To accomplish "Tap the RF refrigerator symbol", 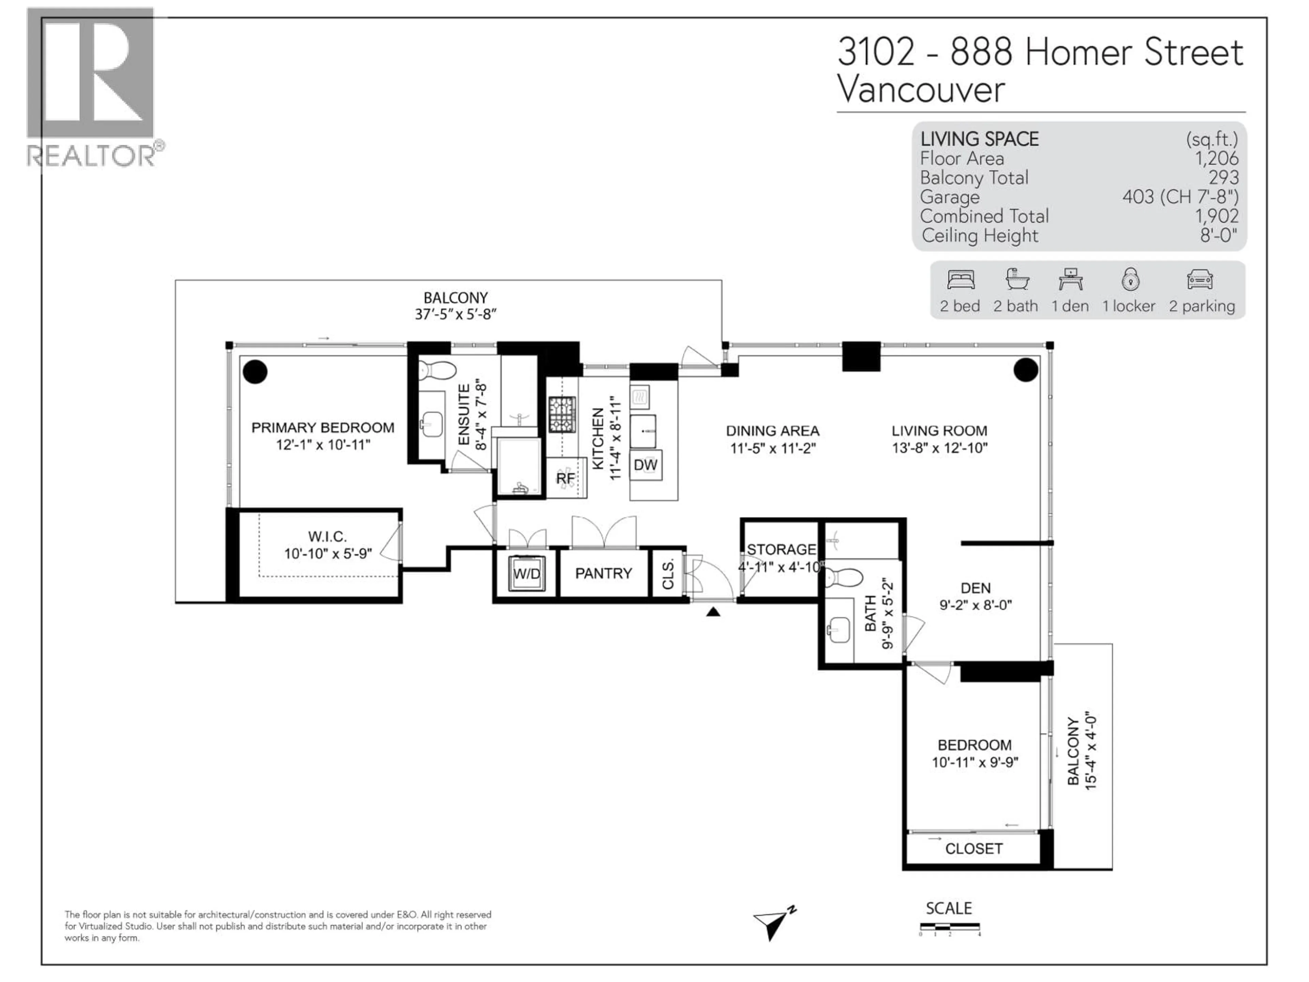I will pos(566,478).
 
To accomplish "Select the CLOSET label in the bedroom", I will pos(974,849).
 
